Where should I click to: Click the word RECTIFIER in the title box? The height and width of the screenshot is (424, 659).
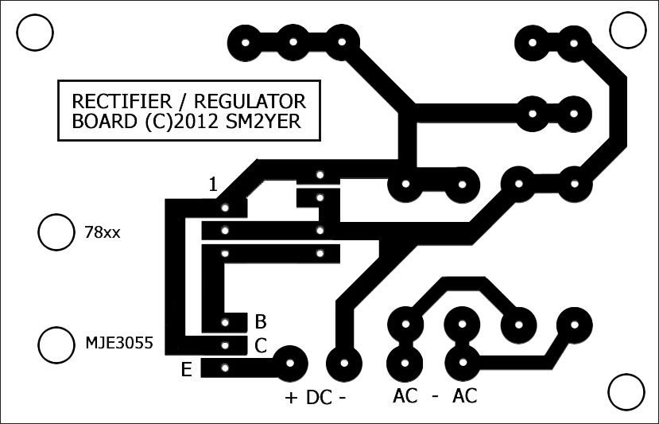click(122, 101)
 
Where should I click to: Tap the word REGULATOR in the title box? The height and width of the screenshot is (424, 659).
click(250, 101)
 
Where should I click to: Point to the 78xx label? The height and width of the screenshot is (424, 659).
click(102, 232)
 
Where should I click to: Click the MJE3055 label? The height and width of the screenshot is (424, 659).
click(119, 343)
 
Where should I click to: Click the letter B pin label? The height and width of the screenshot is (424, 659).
click(261, 322)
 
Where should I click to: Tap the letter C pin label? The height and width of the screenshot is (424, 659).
click(261, 346)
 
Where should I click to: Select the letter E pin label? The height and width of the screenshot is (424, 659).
click(187, 370)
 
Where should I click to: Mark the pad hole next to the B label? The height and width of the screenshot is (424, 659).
click(225, 323)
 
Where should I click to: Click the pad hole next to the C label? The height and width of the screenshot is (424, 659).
click(225, 345)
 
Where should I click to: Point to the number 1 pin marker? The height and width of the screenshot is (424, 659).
click(214, 185)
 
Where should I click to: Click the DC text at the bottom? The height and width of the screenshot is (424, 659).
click(319, 398)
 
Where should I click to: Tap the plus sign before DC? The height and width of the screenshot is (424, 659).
click(291, 398)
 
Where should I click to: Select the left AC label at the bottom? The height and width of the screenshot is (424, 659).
click(405, 395)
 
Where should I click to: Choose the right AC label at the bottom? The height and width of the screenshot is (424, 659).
click(465, 395)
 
